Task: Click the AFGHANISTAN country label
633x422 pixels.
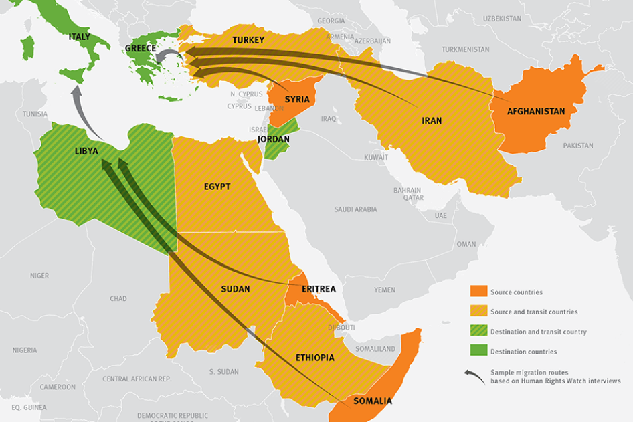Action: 535,112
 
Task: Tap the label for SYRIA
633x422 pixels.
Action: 296,100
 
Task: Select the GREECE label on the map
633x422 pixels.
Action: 141,49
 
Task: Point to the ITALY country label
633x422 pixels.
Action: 79,37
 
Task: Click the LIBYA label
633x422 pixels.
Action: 86,151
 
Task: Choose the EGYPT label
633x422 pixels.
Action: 217,187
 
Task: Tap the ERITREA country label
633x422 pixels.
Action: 319,289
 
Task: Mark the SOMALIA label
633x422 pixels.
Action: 372,401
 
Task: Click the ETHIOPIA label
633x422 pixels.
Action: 314,358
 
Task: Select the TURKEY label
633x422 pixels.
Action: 248,40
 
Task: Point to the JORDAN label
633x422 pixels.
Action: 273,139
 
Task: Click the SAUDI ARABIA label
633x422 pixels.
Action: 355,209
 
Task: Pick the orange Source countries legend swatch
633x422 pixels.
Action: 478,292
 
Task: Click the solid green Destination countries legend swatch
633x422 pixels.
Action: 478,351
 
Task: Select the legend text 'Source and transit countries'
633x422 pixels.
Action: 533,312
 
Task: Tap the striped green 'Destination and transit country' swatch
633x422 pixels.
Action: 478,332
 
